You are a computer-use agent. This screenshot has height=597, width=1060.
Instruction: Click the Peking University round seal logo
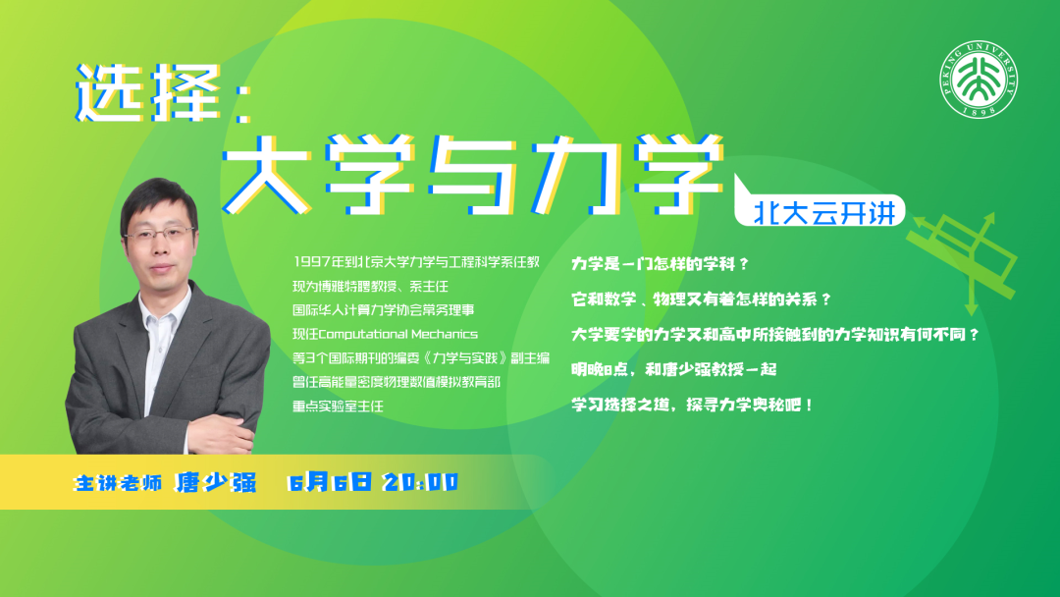[979, 80]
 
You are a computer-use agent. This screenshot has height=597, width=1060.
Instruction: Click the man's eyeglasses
[160, 235]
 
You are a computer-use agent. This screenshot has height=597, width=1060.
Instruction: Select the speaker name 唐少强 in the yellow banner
[216, 482]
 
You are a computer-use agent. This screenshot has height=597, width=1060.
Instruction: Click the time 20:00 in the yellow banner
[420, 482]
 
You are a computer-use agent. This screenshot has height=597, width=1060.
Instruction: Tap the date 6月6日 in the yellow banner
[330, 482]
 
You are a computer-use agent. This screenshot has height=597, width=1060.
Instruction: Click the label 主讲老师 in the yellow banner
[119, 483]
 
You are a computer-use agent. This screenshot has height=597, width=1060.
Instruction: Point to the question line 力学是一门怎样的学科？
[661, 264]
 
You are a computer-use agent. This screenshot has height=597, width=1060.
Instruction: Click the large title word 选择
[148, 92]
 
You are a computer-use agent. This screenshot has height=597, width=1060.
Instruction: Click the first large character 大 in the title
[266, 174]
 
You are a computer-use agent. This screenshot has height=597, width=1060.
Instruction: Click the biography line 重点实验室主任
[338, 407]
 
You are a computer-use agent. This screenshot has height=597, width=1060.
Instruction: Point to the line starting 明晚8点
[674, 369]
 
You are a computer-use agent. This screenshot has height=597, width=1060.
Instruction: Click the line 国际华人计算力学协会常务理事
[384, 310]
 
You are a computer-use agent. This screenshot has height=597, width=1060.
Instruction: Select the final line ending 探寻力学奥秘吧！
[693, 405]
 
